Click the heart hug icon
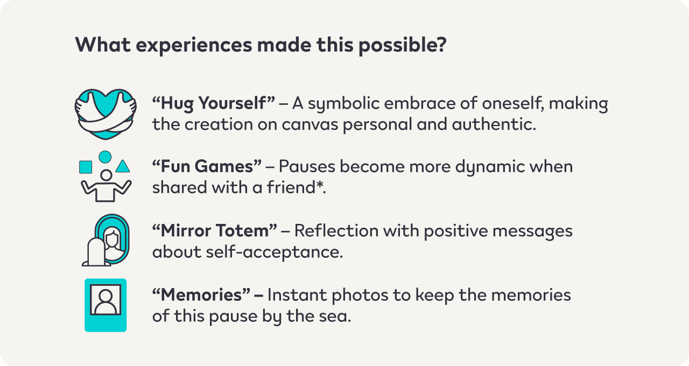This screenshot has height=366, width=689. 106,114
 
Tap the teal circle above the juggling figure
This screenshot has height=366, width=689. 105,157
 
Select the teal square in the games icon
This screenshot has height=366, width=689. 86,167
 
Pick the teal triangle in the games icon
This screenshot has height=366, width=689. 123,166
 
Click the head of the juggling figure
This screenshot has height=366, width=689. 107,175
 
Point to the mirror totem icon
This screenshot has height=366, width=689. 106,240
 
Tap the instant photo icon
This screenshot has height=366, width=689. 106,305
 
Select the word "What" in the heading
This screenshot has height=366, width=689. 103,45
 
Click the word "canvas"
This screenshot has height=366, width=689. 310,124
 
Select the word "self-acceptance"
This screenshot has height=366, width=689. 274,252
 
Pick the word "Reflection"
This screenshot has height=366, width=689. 336,231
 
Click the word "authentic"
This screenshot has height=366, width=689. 494,124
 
